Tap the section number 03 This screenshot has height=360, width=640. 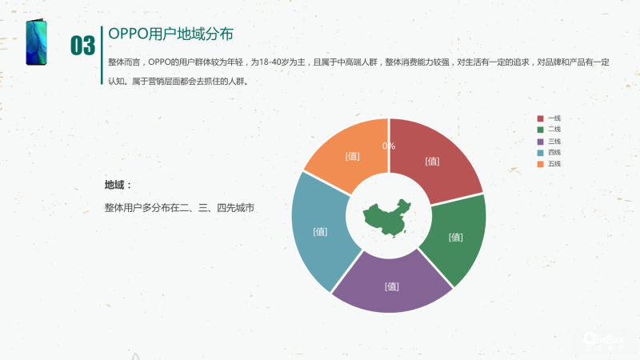82,46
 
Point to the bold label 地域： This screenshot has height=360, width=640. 117,186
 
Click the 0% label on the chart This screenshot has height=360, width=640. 389,146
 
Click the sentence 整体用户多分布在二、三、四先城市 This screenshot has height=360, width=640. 179,208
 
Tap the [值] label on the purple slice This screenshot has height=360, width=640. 392,286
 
